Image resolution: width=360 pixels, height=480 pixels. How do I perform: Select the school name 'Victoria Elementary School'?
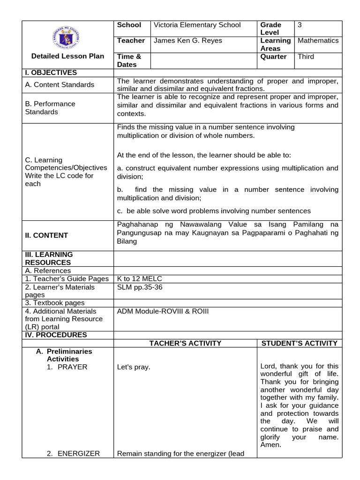point(197,25)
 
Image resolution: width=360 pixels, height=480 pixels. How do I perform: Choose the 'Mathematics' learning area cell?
point(318,41)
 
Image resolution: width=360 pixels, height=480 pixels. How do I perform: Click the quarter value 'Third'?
point(306,57)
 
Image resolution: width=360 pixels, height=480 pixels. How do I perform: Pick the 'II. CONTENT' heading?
point(46,235)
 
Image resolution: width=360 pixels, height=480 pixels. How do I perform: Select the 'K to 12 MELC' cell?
point(140,279)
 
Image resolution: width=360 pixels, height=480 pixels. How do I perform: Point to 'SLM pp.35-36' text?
point(140,287)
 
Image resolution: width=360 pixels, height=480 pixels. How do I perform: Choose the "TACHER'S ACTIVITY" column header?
point(185,344)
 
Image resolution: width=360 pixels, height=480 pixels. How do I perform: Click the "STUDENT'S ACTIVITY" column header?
point(300,344)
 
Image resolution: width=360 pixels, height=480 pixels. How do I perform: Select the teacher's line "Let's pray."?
point(134,367)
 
